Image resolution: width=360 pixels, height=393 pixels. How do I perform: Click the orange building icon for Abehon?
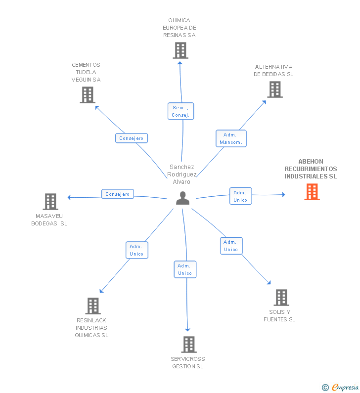coord(312,192)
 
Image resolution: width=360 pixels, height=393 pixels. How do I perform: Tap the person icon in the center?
coord(182,198)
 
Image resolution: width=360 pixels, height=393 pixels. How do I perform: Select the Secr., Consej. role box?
coord(180,111)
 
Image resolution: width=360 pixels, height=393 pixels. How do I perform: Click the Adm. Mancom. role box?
coord(231,138)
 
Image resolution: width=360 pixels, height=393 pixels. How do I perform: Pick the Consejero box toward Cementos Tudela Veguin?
coord(132,138)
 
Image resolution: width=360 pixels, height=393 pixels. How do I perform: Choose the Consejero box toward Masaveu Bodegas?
coord(117,194)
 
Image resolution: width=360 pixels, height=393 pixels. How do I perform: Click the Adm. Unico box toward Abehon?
coord(240,196)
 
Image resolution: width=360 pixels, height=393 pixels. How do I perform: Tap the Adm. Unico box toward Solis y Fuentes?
coord(231,246)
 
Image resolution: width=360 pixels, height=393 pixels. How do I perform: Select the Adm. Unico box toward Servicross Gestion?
coord(185,269)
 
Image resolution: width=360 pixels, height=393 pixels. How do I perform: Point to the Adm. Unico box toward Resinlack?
coord(136,250)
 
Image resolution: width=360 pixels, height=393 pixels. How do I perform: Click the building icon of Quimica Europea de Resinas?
coord(180,50)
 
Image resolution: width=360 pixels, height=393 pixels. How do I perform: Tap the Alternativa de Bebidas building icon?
coord(275,89)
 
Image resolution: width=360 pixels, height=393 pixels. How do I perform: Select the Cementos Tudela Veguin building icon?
coord(88,95)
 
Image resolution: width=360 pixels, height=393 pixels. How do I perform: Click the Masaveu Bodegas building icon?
coord(50,202)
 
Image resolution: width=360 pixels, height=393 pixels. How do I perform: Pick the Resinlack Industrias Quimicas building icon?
coord(93,306)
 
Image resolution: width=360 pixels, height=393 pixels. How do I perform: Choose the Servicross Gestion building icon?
coord(189,345)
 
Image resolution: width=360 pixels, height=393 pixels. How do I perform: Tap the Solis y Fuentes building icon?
coord(281,298)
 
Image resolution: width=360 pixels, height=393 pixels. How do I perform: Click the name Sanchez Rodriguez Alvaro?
coord(182,174)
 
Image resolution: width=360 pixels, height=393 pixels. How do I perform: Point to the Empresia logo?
coord(340,387)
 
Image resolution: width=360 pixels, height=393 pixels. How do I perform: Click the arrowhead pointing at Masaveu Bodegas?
coord(69,198)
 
